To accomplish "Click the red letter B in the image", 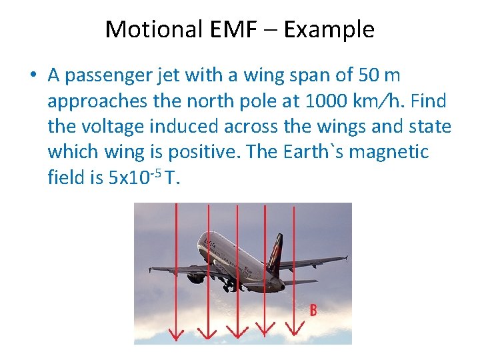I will (313, 310).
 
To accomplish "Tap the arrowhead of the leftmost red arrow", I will (177, 333).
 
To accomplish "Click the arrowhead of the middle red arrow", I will (237, 332).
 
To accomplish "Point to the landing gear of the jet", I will (229, 285).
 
